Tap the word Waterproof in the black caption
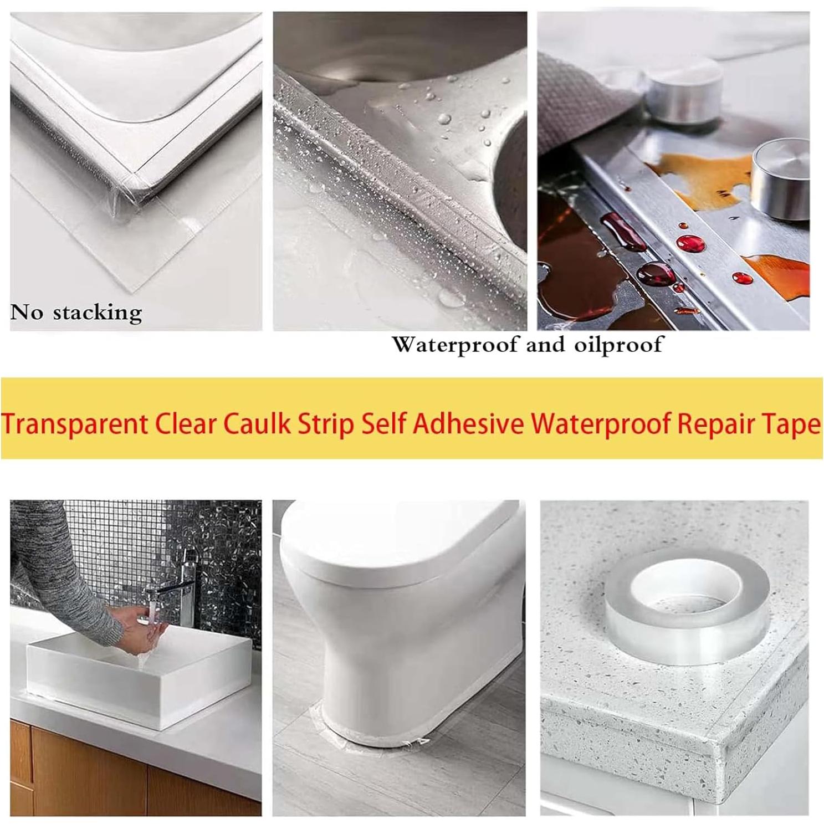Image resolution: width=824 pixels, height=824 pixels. pos(455,345)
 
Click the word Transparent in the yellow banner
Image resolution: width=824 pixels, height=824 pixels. pos(75,424)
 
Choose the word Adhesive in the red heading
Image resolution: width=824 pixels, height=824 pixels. pos(468,424)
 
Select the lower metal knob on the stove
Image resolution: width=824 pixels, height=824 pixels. pos(781,177)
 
